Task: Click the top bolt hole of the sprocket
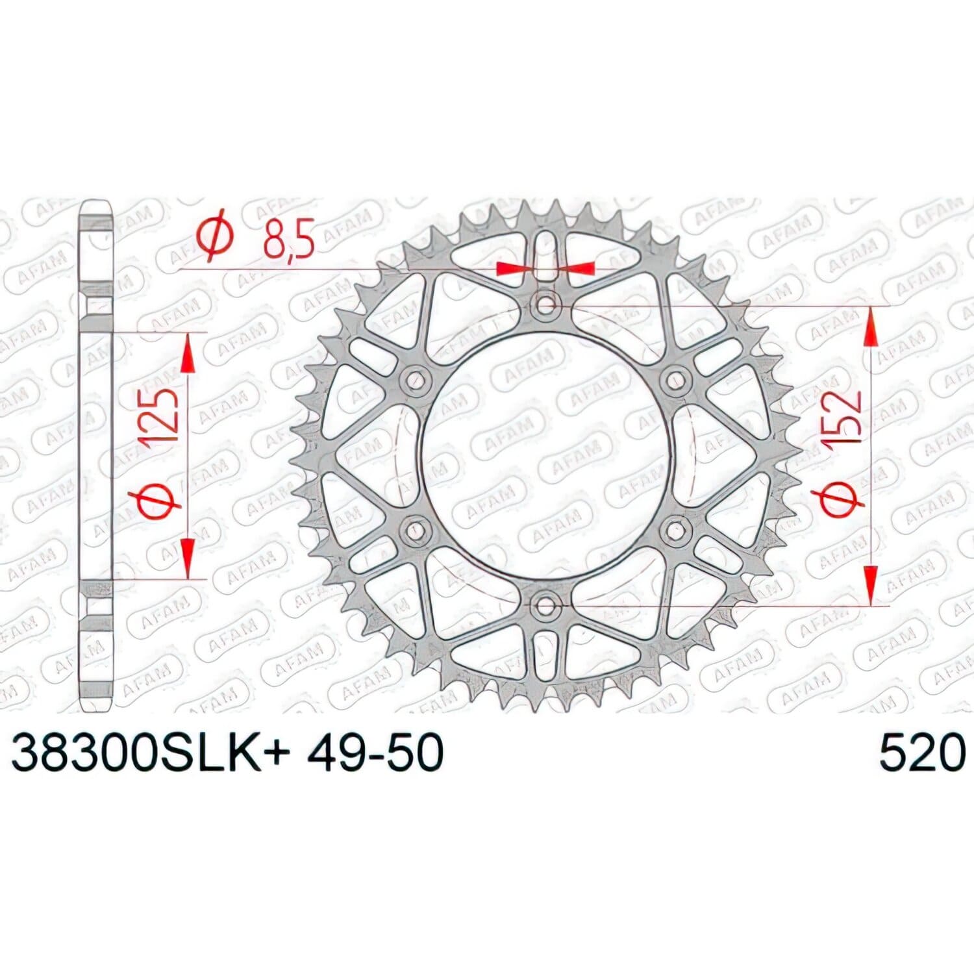click(x=546, y=303)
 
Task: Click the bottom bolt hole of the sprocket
click(x=545, y=606)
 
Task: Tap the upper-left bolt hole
click(x=415, y=380)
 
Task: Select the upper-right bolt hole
click(x=677, y=379)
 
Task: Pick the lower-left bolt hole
click(x=415, y=531)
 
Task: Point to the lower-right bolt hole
click(x=676, y=531)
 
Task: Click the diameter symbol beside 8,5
click(x=215, y=235)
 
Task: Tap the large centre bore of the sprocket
click(x=545, y=455)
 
